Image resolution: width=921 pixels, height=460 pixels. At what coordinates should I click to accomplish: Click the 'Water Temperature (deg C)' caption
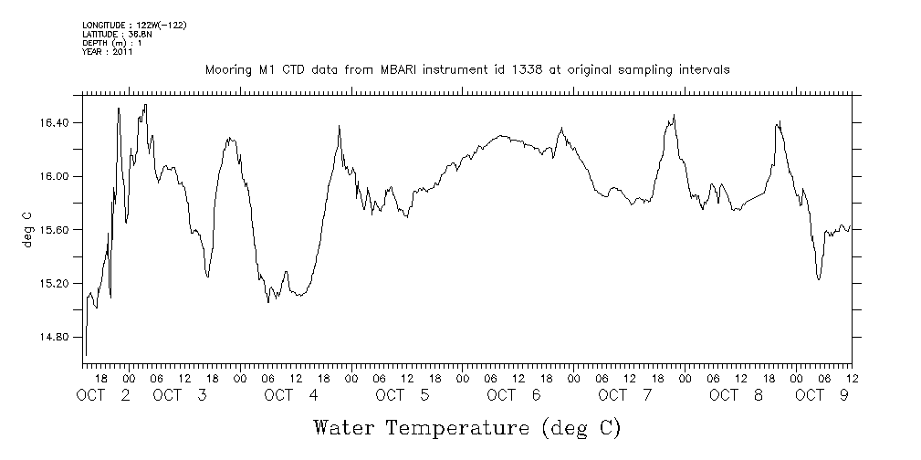[x=467, y=427]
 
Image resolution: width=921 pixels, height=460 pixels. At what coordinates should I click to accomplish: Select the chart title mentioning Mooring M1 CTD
[x=466, y=70]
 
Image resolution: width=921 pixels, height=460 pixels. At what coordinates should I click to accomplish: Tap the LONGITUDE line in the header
[x=134, y=25]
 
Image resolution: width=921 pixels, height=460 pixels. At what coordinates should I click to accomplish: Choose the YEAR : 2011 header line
[x=108, y=52]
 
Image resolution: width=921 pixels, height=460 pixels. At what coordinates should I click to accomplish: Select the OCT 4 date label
[x=291, y=395]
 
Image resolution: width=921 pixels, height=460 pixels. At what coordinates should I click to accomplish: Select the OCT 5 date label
[x=403, y=395]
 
